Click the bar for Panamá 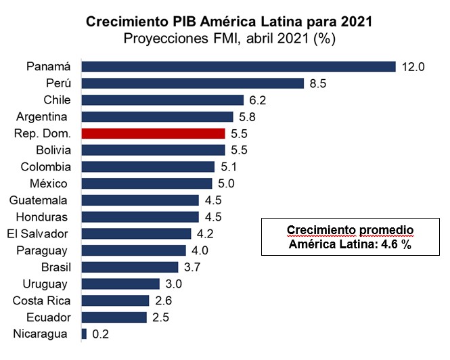tap(238, 66)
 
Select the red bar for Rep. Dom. tap(153, 133)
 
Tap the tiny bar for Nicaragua tap(84, 334)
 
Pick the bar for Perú tap(192, 83)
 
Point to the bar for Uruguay tap(120, 284)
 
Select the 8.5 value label tap(317, 83)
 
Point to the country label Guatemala tap(39, 200)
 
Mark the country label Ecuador tap(47, 317)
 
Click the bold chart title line tap(229, 22)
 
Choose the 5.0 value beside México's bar tap(226, 183)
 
